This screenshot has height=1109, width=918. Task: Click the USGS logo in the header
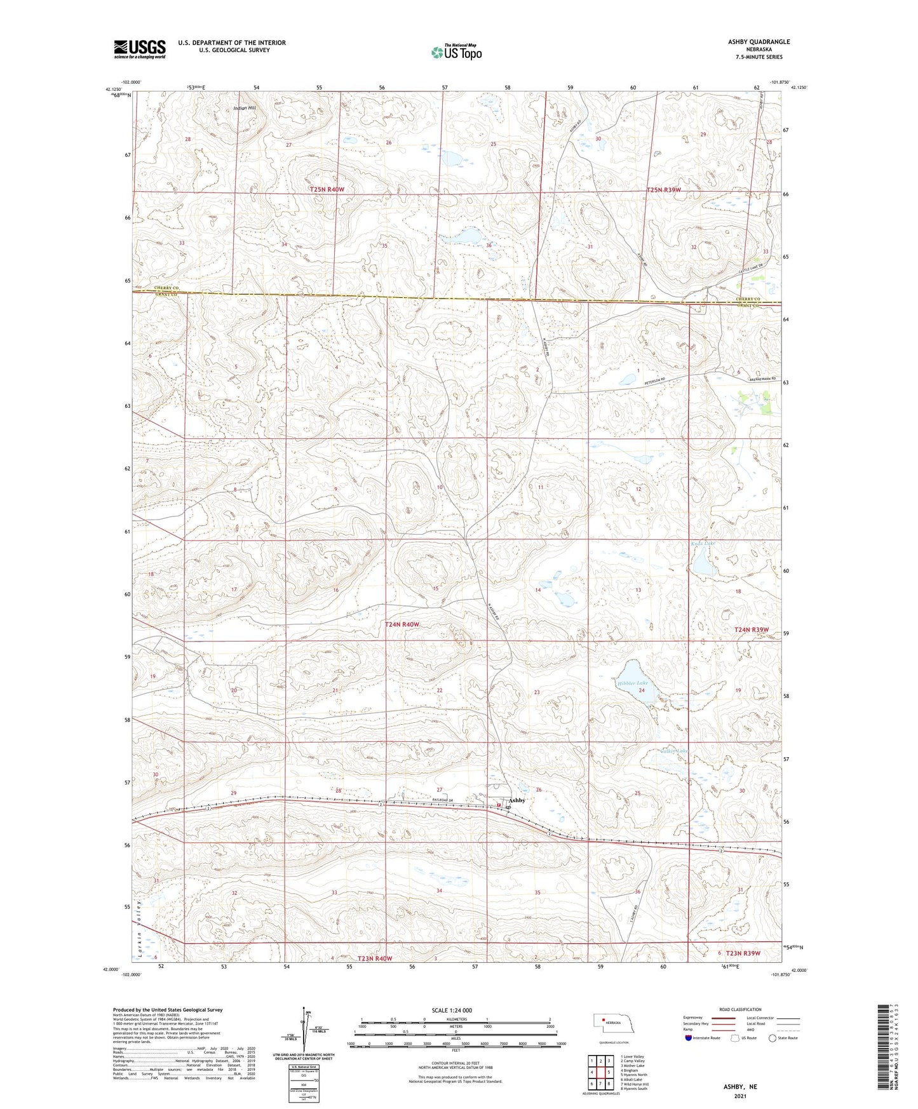tap(139, 48)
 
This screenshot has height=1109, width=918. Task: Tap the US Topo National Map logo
tap(456, 52)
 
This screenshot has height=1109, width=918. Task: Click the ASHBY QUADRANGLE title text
tap(759, 42)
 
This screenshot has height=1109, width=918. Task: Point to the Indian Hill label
tap(245, 108)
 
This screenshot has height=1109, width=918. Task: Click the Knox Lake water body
tap(703, 563)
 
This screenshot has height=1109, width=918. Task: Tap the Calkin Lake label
tap(673, 751)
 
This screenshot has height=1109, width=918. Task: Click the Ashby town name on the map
tap(516, 800)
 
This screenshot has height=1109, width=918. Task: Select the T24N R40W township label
tap(402, 624)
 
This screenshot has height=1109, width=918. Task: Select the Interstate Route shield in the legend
tap(689, 1038)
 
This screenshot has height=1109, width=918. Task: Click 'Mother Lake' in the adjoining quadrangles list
tap(633, 1066)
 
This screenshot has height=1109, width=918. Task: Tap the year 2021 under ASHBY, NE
tap(740, 1096)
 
